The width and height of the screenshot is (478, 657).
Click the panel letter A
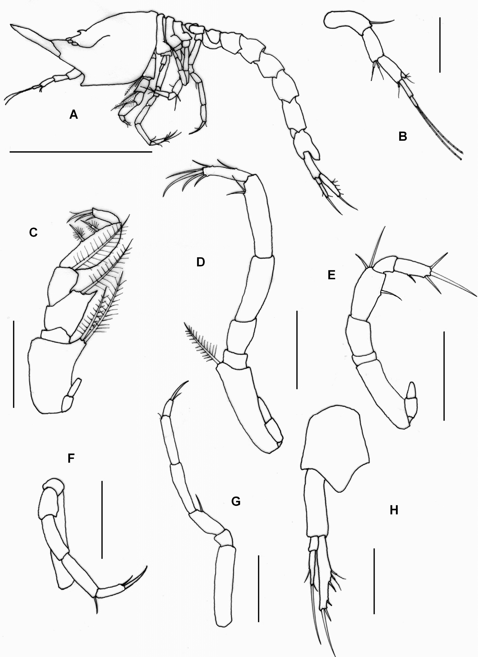tap(74, 115)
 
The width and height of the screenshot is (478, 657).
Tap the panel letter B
tap(403, 136)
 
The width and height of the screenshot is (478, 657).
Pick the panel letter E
tap(331, 275)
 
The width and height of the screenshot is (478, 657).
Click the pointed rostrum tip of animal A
tap(11, 25)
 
